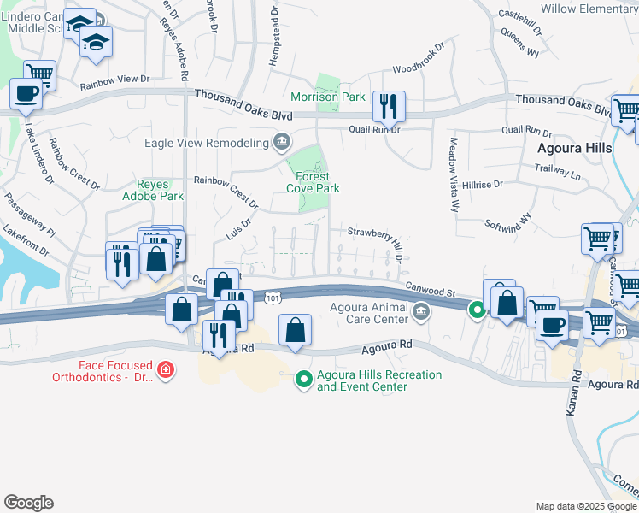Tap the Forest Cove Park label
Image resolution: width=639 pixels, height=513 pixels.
tap(313, 182)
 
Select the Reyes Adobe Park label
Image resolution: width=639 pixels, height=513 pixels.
tap(160, 190)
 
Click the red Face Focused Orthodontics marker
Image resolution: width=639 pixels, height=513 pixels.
tap(165, 370)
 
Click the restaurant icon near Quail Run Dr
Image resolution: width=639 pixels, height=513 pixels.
tap(389, 106)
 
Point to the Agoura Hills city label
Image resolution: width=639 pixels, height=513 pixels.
tap(574, 147)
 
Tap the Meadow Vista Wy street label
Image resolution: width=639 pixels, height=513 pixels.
tap(453, 174)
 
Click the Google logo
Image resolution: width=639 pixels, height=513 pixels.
tap(28, 503)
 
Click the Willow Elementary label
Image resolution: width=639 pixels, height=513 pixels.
tap(589, 9)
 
